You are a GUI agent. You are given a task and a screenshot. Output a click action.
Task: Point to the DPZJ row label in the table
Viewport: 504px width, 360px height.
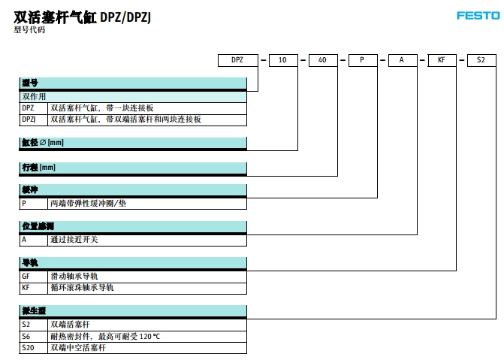coord(29,119)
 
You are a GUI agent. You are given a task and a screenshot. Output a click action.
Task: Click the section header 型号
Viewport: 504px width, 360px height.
coord(30,84)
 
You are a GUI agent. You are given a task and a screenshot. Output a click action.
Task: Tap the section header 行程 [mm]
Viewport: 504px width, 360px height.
coord(38,168)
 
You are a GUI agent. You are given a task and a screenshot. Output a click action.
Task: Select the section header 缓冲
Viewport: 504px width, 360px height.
coord(30,191)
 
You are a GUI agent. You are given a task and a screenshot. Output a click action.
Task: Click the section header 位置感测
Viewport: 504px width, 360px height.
coord(38,227)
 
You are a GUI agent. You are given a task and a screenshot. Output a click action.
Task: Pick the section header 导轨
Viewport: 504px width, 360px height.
coord(30,263)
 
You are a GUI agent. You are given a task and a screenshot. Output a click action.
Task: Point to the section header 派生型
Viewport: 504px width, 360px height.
coord(34,311)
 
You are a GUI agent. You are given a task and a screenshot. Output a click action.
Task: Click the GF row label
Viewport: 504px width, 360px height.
coord(26,276)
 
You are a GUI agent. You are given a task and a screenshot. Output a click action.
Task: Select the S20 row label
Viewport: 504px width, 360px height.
coord(29,347)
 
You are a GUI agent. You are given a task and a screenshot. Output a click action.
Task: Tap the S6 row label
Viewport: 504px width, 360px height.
coord(26,335)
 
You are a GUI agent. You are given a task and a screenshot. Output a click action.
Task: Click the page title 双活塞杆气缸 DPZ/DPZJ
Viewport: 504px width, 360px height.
coord(83,14)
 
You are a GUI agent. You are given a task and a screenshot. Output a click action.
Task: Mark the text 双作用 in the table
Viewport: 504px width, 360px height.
coord(33,97)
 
